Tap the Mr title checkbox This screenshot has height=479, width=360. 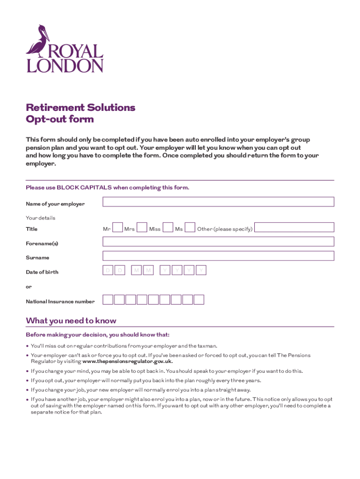point(118,227)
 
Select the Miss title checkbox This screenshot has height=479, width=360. point(168,227)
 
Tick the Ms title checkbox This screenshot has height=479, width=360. point(190,227)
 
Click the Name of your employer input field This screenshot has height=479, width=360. point(218,202)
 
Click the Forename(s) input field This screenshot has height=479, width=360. point(218,241)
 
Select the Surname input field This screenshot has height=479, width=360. point(218,256)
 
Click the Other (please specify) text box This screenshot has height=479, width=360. point(295,227)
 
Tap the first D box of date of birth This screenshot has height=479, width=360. point(108,270)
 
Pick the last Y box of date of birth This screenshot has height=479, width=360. point(201,270)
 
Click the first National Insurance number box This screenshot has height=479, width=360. point(108,300)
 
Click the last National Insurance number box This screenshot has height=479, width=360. point(199,300)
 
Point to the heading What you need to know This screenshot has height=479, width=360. point(71,321)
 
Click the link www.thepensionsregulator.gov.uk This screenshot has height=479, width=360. point(127,361)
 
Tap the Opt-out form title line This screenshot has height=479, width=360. point(60,119)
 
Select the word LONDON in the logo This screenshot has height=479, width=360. point(65,65)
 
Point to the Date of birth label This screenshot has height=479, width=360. point(42,272)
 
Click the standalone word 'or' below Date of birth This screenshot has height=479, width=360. point(29,286)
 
